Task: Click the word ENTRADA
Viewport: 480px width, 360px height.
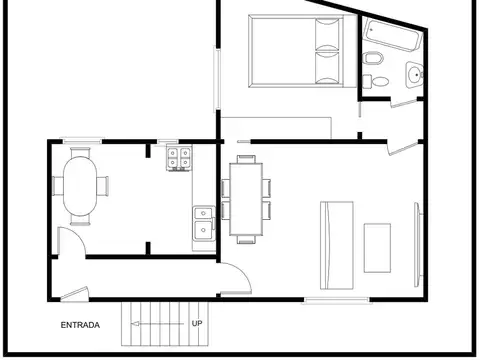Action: pyautogui.click(x=80, y=325)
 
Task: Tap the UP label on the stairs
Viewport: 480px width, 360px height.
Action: pyautogui.click(x=197, y=323)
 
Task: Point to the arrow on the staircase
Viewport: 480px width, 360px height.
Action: pyautogui.click(x=157, y=324)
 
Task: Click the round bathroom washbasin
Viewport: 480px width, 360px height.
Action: pyautogui.click(x=415, y=75)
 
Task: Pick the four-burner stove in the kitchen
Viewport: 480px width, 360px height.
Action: pyautogui.click(x=179, y=158)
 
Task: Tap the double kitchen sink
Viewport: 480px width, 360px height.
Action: pyautogui.click(x=204, y=223)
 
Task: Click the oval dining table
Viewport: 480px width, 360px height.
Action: pyautogui.click(x=80, y=186)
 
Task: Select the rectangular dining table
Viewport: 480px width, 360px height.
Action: pyautogui.click(x=246, y=199)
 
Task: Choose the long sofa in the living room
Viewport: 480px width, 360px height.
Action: pyautogui.click(x=337, y=245)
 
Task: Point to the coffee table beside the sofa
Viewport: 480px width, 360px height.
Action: pyautogui.click(x=377, y=248)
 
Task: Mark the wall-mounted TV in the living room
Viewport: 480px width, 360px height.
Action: pyautogui.click(x=418, y=245)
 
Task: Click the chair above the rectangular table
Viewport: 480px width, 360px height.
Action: pyautogui.click(x=246, y=159)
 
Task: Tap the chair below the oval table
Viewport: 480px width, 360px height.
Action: pyautogui.click(x=80, y=220)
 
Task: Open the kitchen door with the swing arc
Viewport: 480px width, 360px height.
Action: pyautogui.click(x=71, y=241)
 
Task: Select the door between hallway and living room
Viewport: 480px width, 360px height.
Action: pyautogui.click(x=236, y=279)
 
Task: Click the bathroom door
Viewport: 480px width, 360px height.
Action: pyautogui.click(x=404, y=103)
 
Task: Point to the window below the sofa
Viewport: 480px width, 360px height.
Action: pyautogui.click(x=337, y=301)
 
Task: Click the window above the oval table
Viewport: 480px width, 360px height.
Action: pyautogui.click(x=82, y=141)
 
